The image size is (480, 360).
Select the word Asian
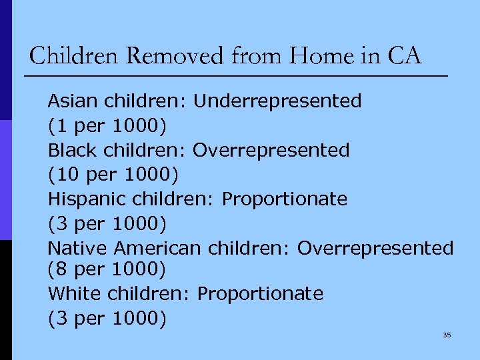(x=71, y=101)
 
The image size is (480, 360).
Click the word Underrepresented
(x=277, y=101)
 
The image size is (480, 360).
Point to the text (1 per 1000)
(x=106, y=125)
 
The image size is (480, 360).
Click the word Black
(x=71, y=150)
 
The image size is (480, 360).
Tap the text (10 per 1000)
(x=113, y=175)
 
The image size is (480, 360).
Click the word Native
(x=77, y=248)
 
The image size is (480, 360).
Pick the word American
(x=157, y=248)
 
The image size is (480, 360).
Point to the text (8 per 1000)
(x=106, y=269)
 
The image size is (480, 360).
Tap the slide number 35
(x=447, y=335)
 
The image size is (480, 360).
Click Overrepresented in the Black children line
(x=271, y=150)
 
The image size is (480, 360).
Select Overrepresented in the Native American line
(x=375, y=248)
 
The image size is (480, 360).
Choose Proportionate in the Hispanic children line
(x=285, y=199)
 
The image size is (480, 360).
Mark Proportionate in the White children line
(x=261, y=293)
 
